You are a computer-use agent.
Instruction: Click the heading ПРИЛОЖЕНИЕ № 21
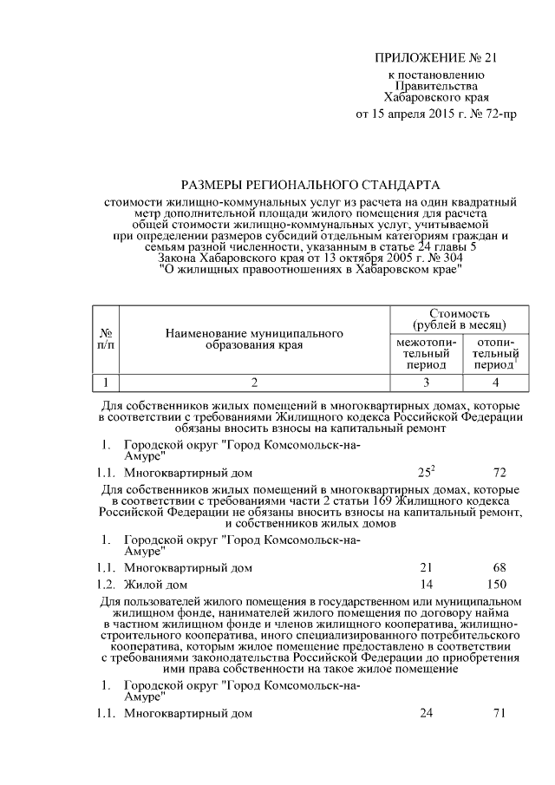click(x=437, y=58)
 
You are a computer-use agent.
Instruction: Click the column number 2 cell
click(x=254, y=382)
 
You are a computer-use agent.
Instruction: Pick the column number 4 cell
click(x=495, y=382)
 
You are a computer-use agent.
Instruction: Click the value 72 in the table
click(x=499, y=473)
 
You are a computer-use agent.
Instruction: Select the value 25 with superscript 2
click(x=426, y=473)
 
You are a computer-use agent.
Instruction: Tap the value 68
click(x=499, y=567)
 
